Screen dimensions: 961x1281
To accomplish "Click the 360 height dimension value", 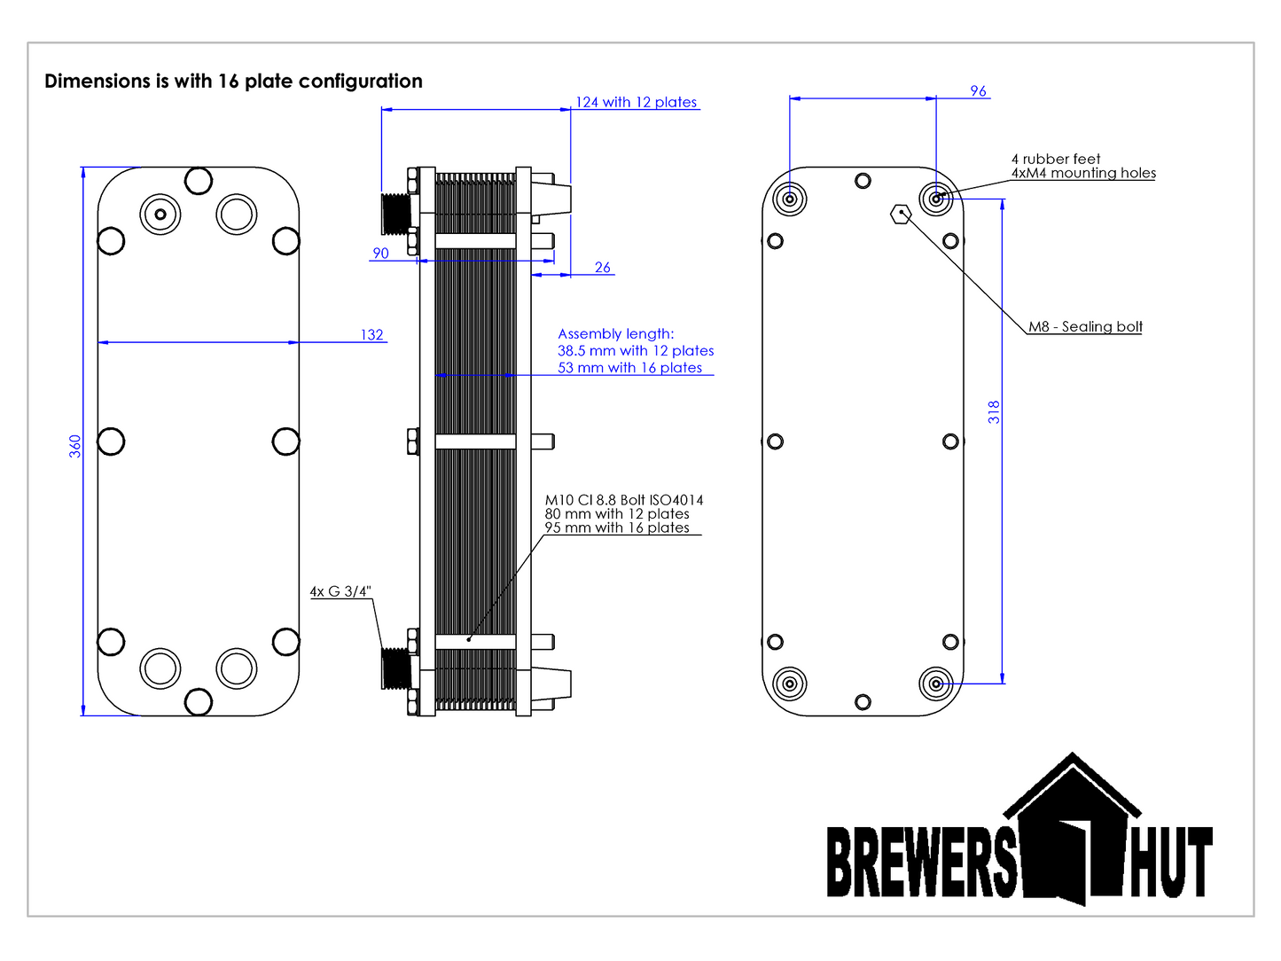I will coord(75,446).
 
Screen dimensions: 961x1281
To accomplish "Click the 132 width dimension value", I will coord(372,334).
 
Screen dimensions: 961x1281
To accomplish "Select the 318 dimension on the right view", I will coord(994,412).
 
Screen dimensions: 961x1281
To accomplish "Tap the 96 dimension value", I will coord(978,90).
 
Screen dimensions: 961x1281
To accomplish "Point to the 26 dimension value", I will coord(603,267).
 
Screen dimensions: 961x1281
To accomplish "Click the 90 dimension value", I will coord(380,253).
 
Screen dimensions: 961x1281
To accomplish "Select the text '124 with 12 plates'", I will coord(637,102).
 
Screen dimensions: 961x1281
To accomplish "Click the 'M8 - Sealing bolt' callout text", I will coord(1085,326).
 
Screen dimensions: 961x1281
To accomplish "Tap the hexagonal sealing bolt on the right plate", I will coord(901,214).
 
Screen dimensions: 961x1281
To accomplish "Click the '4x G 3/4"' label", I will coord(340,591).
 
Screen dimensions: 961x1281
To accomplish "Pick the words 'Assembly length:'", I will coord(616,333).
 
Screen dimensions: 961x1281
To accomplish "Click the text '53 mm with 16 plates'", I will coord(629,368).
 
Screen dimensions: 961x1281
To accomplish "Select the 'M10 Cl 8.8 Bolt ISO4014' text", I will coord(624,500).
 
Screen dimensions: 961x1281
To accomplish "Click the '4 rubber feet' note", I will coord(1056,159).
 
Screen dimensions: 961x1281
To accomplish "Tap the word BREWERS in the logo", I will coord(922,862).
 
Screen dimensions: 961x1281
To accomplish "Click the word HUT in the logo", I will coord(1170,862).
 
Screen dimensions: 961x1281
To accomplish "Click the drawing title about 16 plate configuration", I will coord(233,81).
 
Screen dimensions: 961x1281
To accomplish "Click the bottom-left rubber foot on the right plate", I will coord(789,684).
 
